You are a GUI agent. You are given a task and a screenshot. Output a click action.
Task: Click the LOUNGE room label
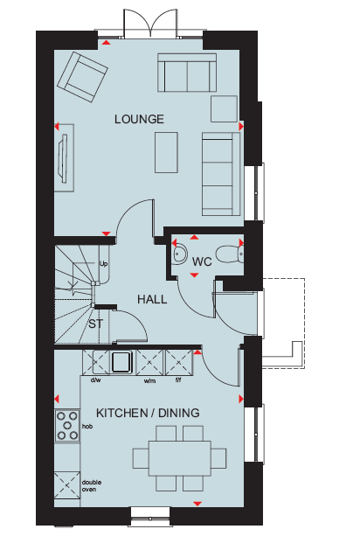(x=139, y=119)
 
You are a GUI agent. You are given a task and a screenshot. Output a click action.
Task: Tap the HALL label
(x=152, y=299)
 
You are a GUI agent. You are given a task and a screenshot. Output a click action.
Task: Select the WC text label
(x=202, y=262)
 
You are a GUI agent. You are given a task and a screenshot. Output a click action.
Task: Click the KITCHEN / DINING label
(x=148, y=413)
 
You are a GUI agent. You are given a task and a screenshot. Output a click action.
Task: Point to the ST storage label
(x=95, y=324)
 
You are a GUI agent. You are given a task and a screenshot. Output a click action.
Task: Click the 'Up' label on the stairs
(x=103, y=264)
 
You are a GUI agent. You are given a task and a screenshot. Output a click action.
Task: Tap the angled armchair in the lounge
(x=82, y=77)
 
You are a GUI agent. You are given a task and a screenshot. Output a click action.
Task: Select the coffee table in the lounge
(x=166, y=152)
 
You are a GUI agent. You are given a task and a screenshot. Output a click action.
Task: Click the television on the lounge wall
(x=64, y=158)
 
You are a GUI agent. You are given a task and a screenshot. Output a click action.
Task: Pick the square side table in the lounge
(x=224, y=108)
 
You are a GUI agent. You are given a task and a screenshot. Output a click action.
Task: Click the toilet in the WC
(x=230, y=254)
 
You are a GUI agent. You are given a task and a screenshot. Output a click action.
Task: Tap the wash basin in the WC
(x=180, y=254)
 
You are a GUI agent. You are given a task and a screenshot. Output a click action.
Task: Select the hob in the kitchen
(x=67, y=426)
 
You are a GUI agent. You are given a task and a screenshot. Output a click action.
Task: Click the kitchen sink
(x=122, y=362)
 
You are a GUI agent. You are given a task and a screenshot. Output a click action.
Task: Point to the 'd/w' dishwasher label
(x=95, y=380)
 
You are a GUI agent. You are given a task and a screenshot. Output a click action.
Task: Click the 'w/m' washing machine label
(x=149, y=381)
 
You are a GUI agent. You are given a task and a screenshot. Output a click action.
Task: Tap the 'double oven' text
(x=92, y=485)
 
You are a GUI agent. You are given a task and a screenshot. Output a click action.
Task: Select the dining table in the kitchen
(x=180, y=458)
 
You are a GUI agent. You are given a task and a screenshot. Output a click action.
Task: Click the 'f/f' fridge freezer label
(x=178, y=380)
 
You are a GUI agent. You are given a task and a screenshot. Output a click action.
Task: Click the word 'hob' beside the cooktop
(x=87, y=426)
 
